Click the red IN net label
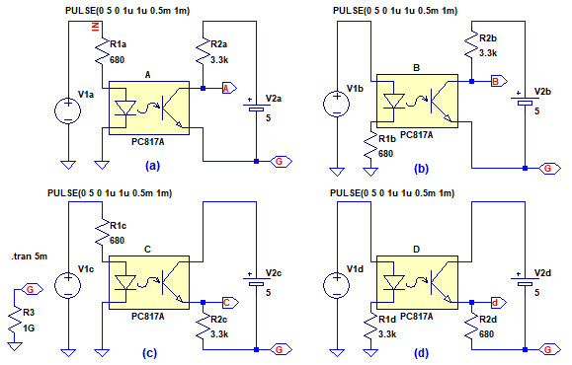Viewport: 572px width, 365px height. point(96,27)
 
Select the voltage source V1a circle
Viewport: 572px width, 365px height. point(68,110)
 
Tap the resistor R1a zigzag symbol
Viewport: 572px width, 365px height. point(102,51)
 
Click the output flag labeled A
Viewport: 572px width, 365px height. point(229,88)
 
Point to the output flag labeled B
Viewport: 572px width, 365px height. point(499,81)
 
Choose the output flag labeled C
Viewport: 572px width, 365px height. point(230,302)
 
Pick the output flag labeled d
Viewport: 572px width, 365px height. point(498,302)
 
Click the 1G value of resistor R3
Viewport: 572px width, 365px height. point(29,328)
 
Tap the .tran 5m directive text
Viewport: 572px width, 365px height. point(30,256)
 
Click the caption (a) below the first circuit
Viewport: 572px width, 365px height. point(152,166)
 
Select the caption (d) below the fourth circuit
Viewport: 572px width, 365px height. point(421,352)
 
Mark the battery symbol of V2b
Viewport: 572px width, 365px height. point(525,101)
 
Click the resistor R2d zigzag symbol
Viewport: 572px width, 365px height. point(471,328)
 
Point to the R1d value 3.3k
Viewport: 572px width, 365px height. point(387,334)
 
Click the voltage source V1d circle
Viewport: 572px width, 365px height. point(336,285)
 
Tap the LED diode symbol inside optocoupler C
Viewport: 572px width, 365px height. point(125,283)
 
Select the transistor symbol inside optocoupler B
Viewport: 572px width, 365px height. point(441,101)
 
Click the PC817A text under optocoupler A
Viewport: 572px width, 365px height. point(148,142)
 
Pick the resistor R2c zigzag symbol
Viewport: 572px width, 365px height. point(204,328)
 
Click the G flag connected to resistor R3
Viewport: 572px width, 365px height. point(31,290)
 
